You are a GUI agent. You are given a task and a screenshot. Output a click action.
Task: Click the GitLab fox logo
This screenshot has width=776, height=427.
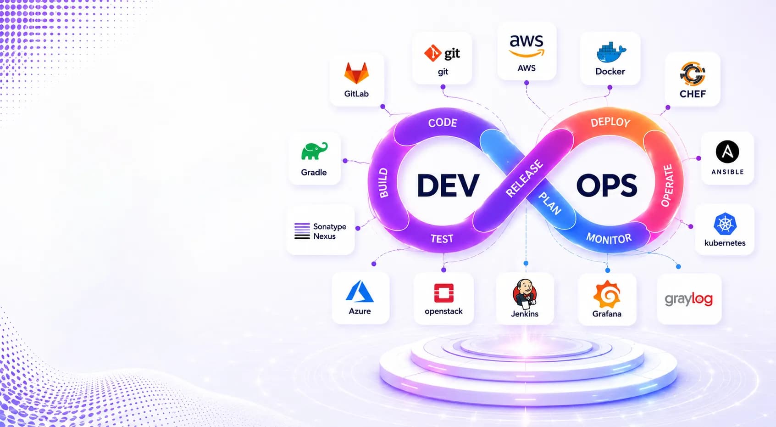(x=356, y=73)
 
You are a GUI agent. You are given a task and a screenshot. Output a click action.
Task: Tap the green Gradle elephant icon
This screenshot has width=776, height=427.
(x=314, y=151)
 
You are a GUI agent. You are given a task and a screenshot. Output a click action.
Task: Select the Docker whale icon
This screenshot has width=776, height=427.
(x=611, y=52)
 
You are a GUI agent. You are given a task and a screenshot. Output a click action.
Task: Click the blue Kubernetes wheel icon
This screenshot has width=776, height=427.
(x=725, y=224)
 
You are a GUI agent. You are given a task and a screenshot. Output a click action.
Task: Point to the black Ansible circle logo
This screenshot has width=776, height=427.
(x=727, y=152)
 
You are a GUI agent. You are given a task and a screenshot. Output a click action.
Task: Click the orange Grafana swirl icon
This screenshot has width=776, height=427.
(x=607, y=294)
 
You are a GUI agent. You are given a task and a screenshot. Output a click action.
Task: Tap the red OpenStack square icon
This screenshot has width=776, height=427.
(x=444, y=293)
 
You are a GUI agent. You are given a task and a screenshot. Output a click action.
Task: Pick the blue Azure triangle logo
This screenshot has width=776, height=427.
(x=360, y=292)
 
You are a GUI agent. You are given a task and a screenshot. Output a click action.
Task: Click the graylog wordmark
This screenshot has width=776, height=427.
(x=689, y=299)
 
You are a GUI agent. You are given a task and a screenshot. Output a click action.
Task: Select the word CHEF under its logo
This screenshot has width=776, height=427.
(x=693, y=94)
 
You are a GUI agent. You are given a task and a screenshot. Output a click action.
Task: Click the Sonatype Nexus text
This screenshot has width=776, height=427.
(x=329, y=231)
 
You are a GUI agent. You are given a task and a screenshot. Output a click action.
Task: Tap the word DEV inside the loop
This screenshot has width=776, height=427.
(x=448, y=185)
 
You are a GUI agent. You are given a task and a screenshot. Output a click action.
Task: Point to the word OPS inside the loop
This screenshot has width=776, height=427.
(x=607, y=185)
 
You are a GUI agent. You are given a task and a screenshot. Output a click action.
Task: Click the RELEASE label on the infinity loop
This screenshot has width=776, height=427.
(x=525, y=178)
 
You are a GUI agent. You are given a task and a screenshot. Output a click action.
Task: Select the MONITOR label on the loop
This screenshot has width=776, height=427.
(x=609, y=239)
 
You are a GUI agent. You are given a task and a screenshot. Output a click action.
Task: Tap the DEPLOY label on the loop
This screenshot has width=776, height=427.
(x=610, y=122)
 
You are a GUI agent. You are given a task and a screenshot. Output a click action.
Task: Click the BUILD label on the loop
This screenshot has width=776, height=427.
(x=383, y=183)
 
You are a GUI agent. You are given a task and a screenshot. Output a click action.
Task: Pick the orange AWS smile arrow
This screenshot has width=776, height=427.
(x=527, y=53)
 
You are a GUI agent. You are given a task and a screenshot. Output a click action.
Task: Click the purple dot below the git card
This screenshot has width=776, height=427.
(x=443, y=87)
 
